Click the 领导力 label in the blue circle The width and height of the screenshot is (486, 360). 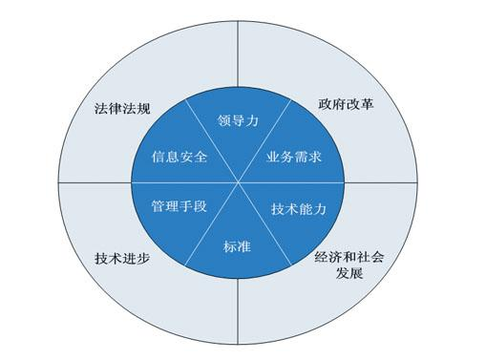239,121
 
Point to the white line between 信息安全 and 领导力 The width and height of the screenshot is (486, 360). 210,135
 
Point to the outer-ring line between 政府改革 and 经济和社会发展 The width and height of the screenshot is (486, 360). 382,180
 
